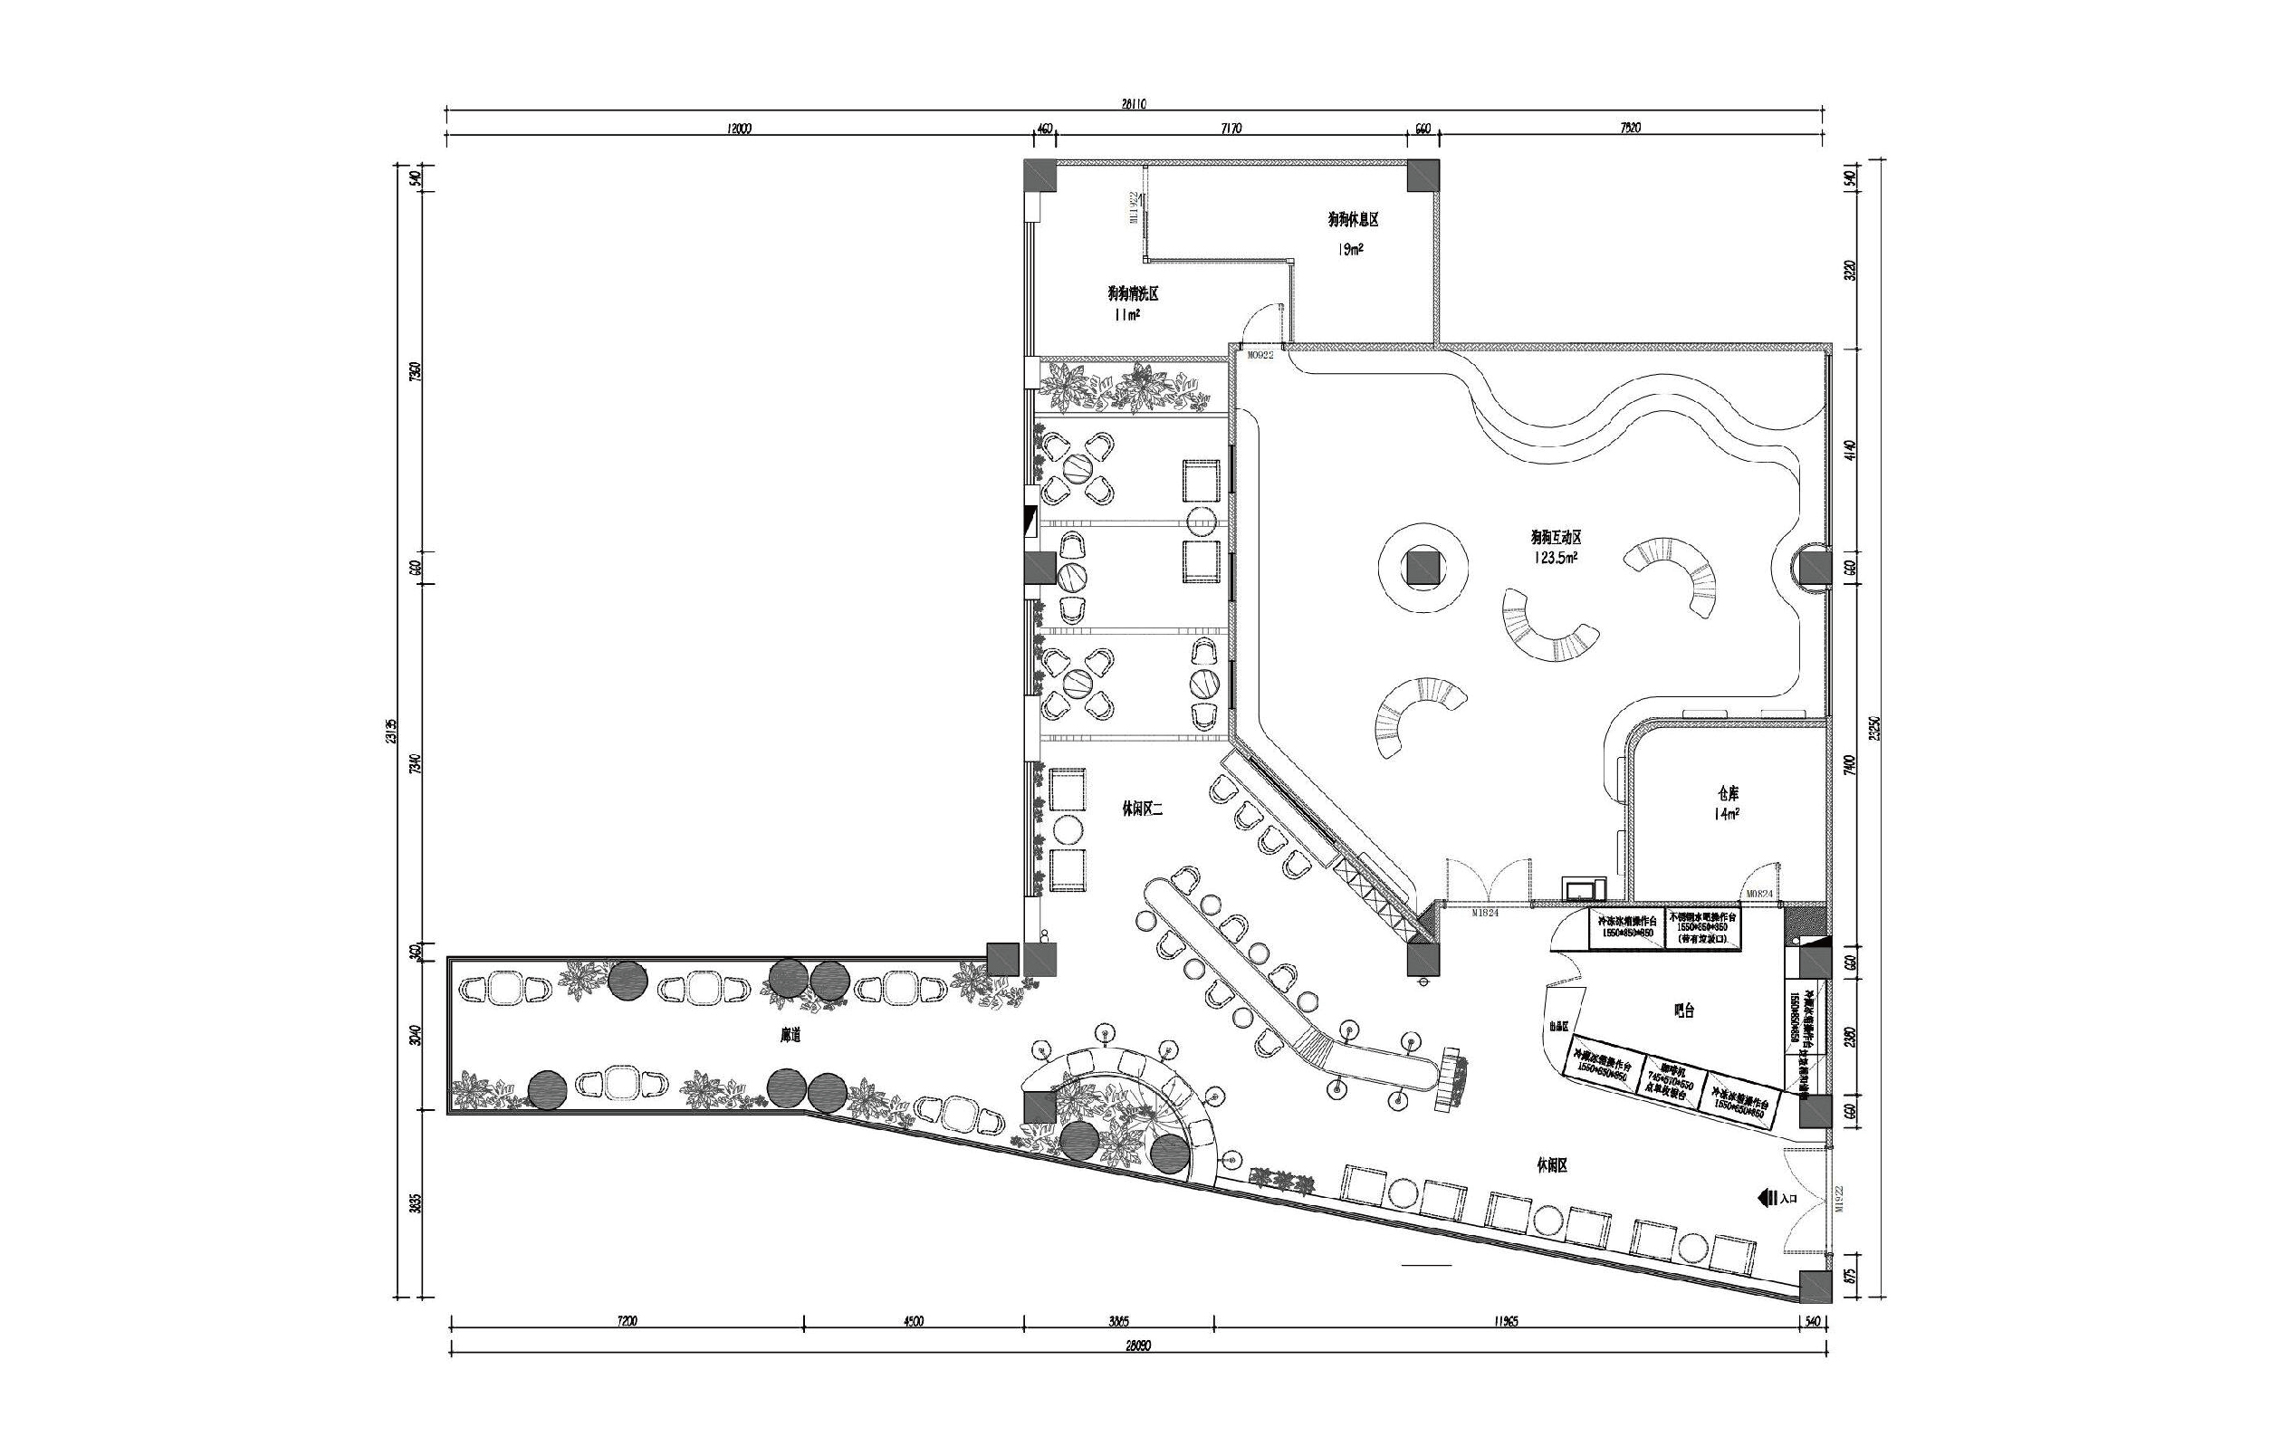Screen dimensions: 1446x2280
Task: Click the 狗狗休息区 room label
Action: point(1352,220)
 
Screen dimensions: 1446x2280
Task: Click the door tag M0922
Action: point(1260,356)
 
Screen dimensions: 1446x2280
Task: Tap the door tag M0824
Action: point(1759,893)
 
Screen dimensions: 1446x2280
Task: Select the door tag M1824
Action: point(1486,913)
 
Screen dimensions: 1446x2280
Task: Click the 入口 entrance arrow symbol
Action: point(1766,1198)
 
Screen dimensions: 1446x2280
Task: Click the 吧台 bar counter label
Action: point(1682,1010)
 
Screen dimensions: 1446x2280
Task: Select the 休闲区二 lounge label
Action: point(1140,809)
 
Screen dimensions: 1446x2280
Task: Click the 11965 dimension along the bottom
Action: point(1505,1321)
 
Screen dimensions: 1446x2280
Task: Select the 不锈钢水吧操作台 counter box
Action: point(1702,928)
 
